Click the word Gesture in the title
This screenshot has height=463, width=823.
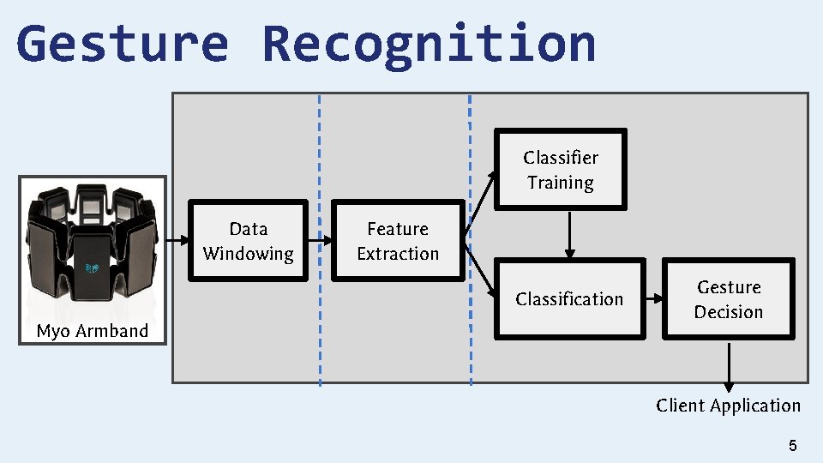pos(122,45)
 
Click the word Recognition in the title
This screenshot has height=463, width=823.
pos(429,45)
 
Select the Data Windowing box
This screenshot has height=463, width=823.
pos(249,241)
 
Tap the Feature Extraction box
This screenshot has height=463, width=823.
pos(398,241)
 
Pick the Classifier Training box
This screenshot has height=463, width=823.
pos(561,170)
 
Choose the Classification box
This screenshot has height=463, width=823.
pos(569,298)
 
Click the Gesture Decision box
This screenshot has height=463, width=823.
pos(729,299)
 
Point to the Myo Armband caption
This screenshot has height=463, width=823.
pos(93,331)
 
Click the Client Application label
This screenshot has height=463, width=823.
pos(728,406)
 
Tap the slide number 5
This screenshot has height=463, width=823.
pos(792,445)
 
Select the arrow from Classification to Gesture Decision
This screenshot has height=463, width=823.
pos(654,298)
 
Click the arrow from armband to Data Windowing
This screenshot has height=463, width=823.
pos(178,242)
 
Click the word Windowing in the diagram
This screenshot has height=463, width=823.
pos(249,254)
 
